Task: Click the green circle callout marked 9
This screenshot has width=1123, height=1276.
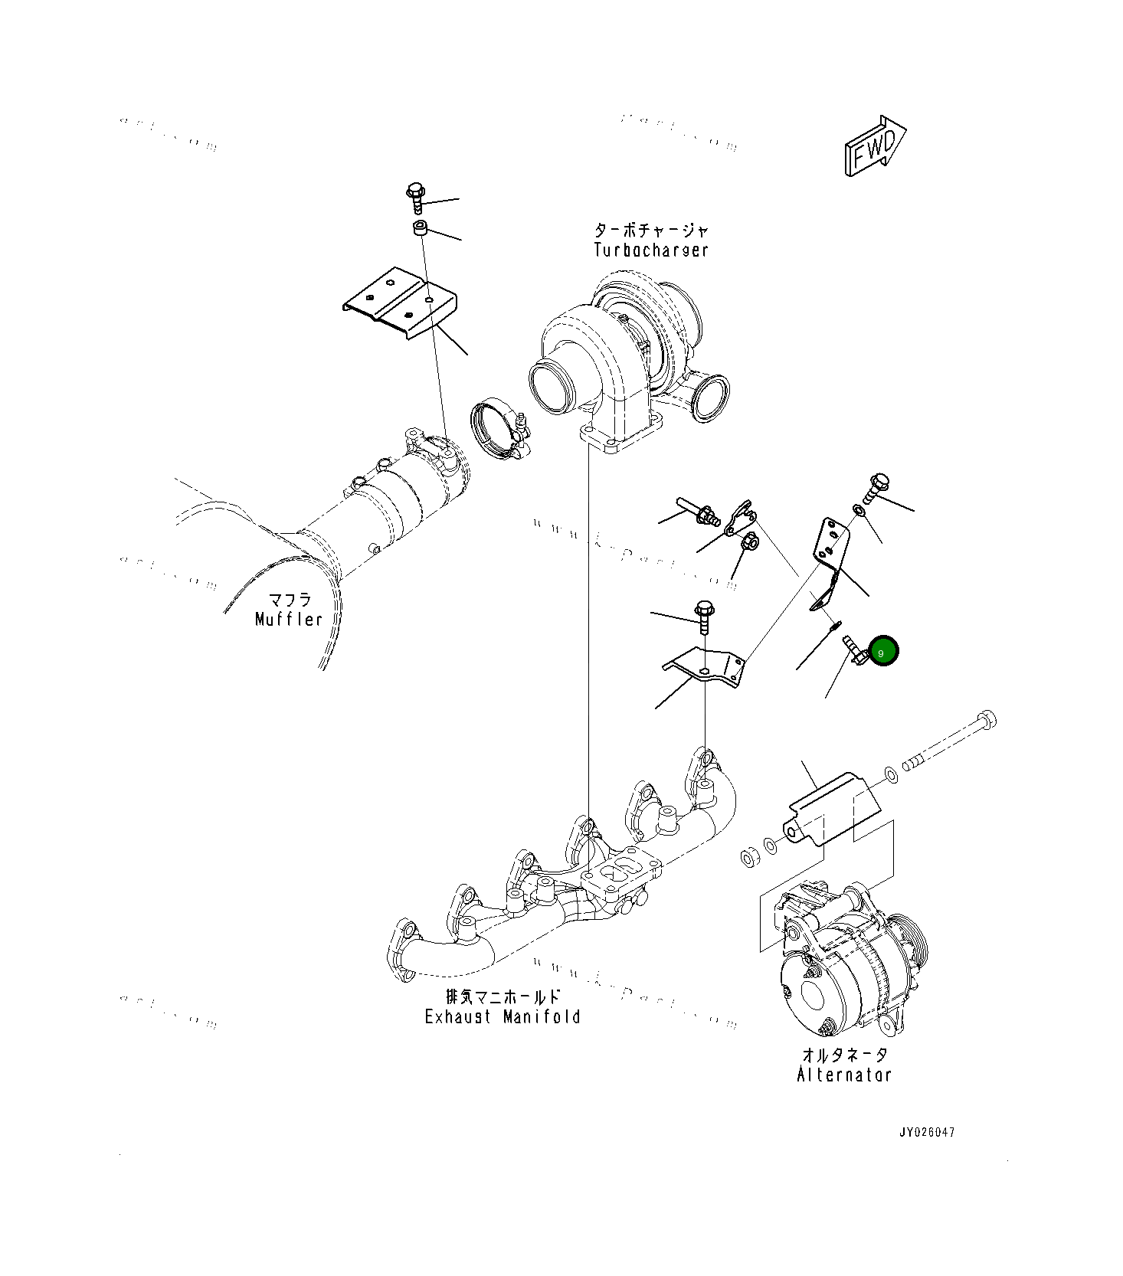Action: point(882,652)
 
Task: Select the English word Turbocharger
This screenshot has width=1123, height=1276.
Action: point(651,250)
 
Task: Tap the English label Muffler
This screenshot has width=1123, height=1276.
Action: point(289,619)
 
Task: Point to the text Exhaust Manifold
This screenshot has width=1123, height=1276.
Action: point(503,1017)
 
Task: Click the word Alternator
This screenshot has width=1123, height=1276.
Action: point(844,1075)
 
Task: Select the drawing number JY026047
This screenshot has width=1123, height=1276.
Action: point(927,1132)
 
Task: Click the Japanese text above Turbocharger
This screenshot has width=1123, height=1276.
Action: point(651,230)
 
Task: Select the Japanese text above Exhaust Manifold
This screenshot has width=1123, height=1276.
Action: point(503,996)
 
